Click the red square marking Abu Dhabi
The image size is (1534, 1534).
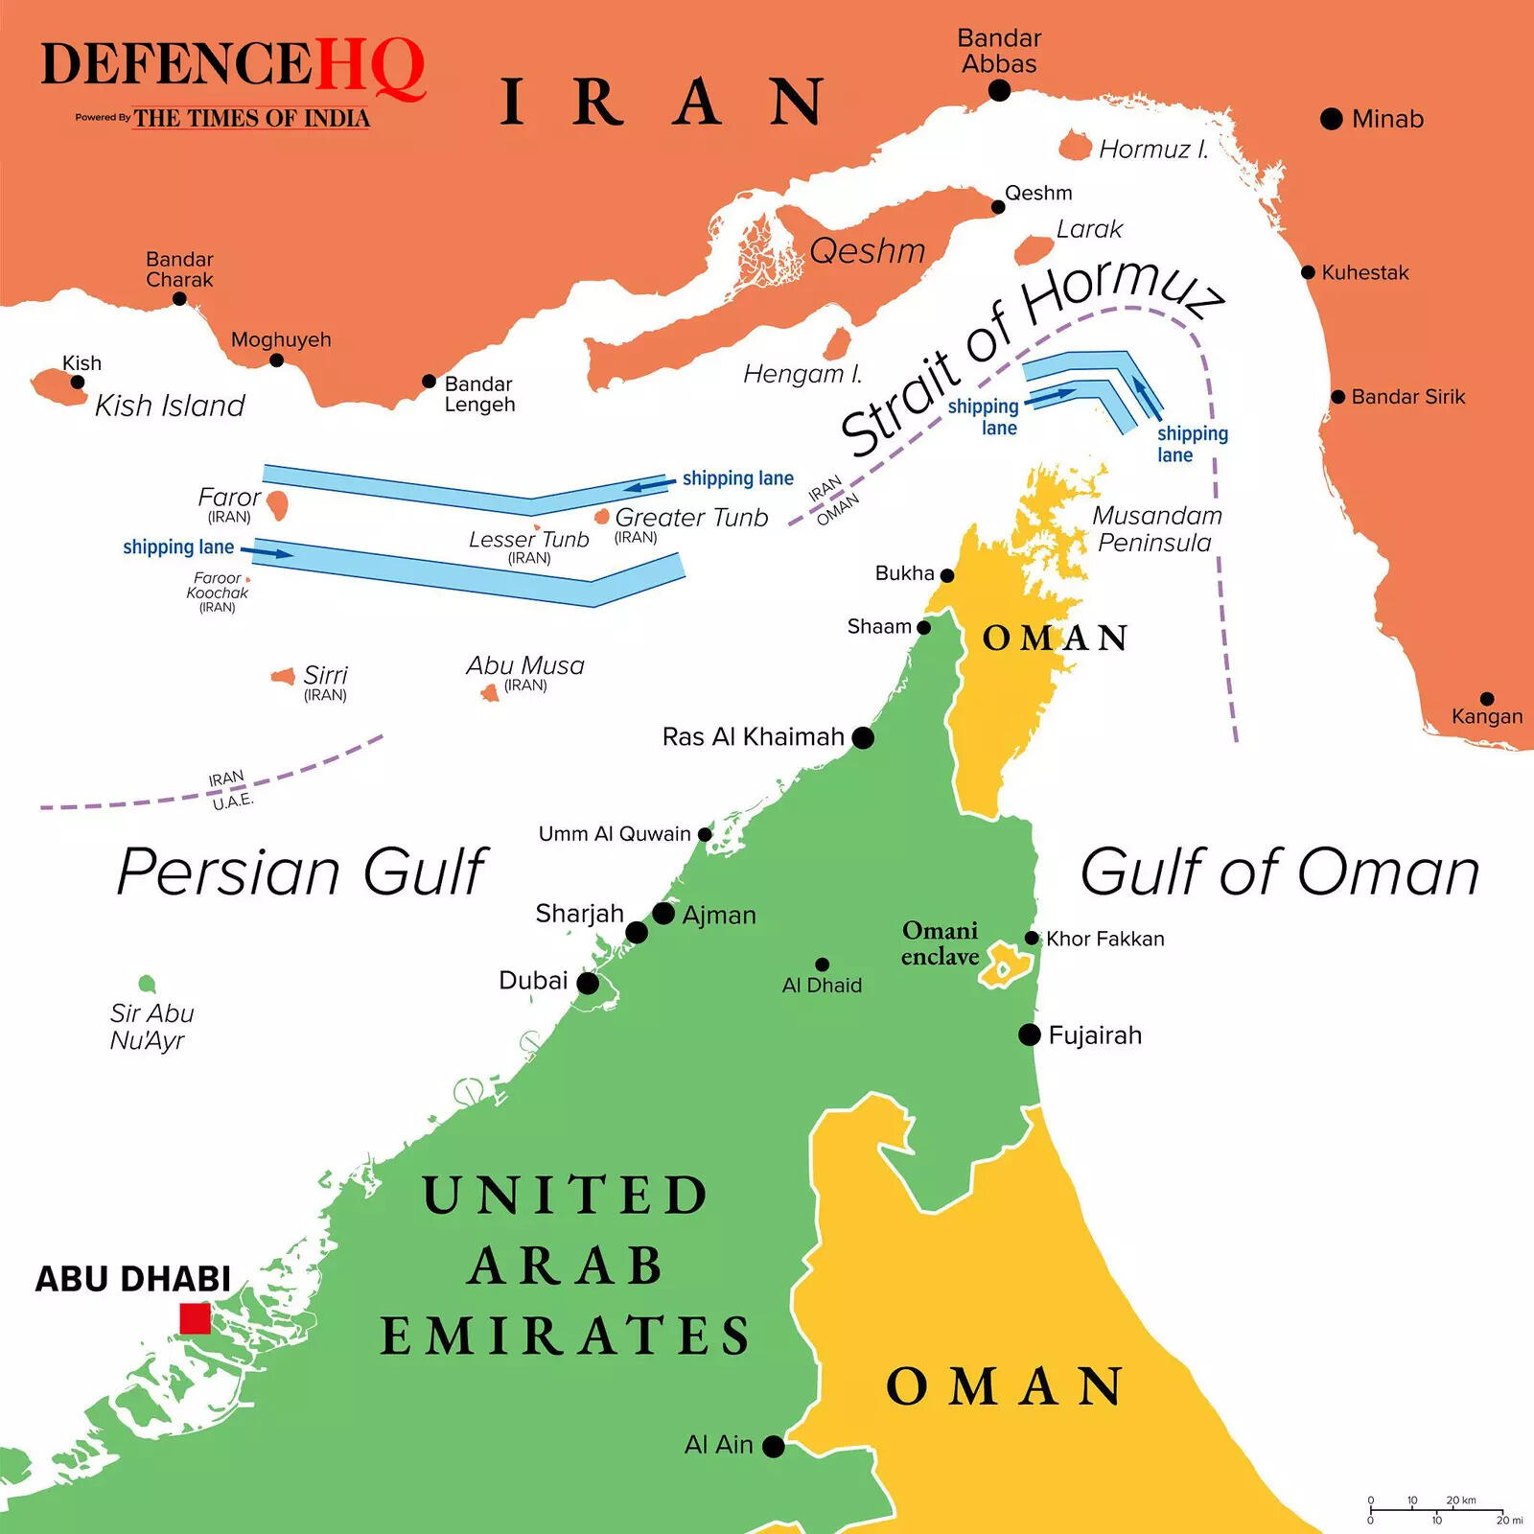pyautogui.click(x=195, y=1318)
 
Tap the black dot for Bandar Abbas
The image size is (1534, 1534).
pyautogui.click(x=999, y=90)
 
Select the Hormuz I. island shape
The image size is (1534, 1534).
pyautogui.click(x=1076, y=147)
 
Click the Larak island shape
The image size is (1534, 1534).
pyautogui.click(x=1034, y=250)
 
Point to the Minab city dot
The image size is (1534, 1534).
pyautogui.click(x=1331, y=119)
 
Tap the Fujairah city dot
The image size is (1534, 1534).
pyautogui.click(x=1029, y=1034)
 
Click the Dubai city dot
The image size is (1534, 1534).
pyautogui.click(x=588, y=983)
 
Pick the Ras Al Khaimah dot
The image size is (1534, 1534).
pyautogui.click(x=863, y=737)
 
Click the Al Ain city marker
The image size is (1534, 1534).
pyautogui.click(x=773, y=1446)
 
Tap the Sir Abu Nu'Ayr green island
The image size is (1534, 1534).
pyautogui.click(x=147, y=984)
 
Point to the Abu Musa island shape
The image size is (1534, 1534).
pyautogui.click(x=491, y=692)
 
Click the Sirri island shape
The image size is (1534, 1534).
pyautogui.click(x=284, y=677)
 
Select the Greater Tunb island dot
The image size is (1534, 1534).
pyautogui.click(x=602, y=517)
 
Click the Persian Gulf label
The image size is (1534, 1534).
pyautogui.click(x=302, y=872)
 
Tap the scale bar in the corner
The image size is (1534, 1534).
pyautogui.click(x=1436, y=1510)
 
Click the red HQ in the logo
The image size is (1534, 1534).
pyautogui.click(x=370, y=67)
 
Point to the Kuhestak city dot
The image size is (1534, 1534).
pyautogui.click(x=1308, y=272)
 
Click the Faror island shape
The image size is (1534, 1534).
pyautogui.click(x=277, y=504)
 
